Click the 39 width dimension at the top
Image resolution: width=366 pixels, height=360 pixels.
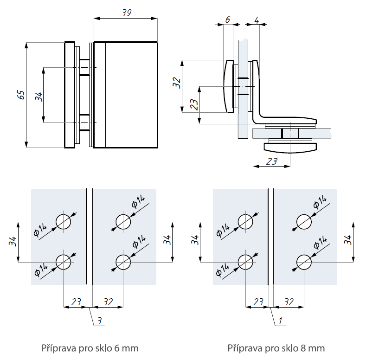click(x=125, y=13)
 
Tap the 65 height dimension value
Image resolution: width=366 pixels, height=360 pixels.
click(x=20, y=95)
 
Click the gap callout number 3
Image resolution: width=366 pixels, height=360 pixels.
click(x=99, y=320)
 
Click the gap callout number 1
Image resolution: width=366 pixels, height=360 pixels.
click(x=281, y=320)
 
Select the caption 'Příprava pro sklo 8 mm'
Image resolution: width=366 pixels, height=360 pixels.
click(x=276, y=347)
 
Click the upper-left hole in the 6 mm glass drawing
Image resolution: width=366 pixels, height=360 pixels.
click(x=64, y=221)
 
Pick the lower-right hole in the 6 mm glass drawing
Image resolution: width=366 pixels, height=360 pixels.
click(x=123, y=262)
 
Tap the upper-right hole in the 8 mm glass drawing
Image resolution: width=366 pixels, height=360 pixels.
click(x=304, y=221)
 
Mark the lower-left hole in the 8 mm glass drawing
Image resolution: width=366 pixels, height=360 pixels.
click(x=245, y=262)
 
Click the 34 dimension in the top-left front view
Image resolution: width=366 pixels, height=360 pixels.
click(x=39, y=96)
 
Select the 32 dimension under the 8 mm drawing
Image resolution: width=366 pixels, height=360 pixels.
click(x=289, y=302)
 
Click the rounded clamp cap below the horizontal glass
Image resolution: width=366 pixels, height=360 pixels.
click(x=290, y=147)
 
